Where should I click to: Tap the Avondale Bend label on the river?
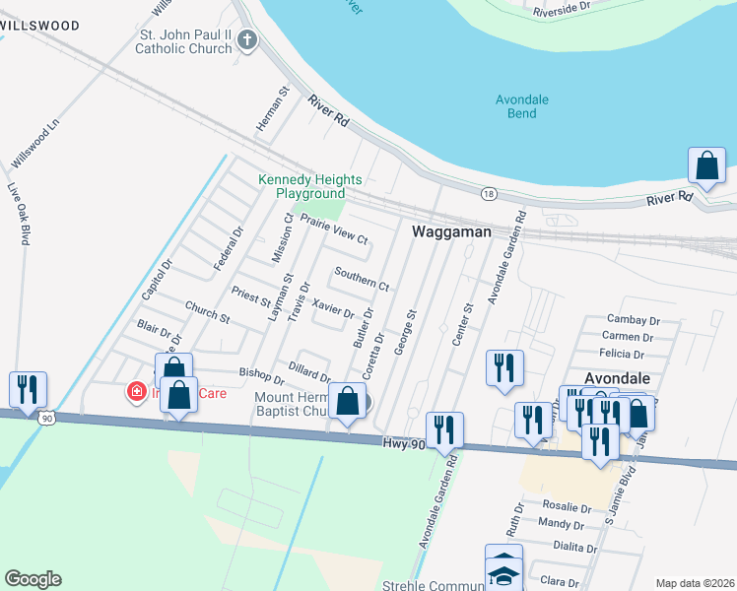[522, 106]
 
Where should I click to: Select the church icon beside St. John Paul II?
[247, 41]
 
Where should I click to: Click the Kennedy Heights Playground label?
[310, 186]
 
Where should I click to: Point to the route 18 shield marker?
[489, 193]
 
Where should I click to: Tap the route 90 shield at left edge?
[46, 419]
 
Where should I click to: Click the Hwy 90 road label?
[405, 445]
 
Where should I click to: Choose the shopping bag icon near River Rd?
[707, 164]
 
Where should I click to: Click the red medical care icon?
[136, 393]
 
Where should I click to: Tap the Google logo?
[33, 579]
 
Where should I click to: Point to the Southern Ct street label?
[362, 278]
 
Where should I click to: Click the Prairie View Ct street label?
[334, 230]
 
